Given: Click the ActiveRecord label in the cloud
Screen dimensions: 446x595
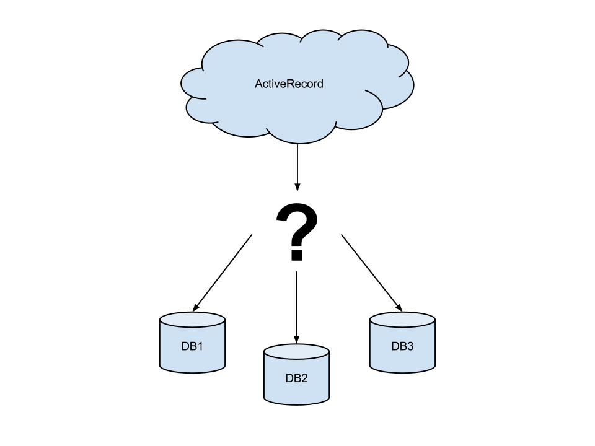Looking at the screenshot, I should pos(289,84).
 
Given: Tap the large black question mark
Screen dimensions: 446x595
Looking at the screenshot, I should pos(297,226).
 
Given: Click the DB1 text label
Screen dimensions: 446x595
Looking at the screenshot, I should pos(192,346).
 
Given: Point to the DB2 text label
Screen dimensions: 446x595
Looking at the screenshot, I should pos(296,378).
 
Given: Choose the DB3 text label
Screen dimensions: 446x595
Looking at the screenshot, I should pos(402,346).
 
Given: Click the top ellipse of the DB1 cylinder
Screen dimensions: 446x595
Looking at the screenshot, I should pos(192,320).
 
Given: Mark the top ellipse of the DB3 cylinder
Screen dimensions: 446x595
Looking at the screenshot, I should pos(402,320).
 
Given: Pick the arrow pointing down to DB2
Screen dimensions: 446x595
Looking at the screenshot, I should pos(296,307).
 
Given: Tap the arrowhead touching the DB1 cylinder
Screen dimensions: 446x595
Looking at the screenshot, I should pos(196,307).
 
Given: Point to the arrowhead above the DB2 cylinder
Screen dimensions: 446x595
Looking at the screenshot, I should pos(296,339).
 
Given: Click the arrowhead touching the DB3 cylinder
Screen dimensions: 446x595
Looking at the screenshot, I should pos(399,307).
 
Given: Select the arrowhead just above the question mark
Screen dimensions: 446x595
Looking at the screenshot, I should pos(297,186).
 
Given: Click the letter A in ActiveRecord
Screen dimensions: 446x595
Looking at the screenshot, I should pos(258,84).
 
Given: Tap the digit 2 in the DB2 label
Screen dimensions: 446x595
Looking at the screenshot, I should pos(304,378).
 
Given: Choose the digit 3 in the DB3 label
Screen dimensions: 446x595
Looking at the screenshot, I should pos(410,346).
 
